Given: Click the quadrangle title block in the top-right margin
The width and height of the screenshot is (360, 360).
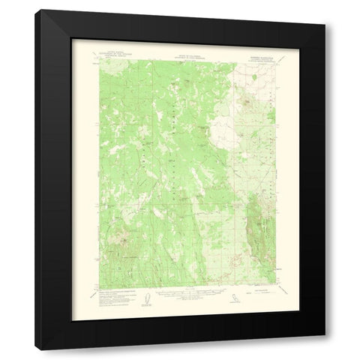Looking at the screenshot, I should click(259, 54).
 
